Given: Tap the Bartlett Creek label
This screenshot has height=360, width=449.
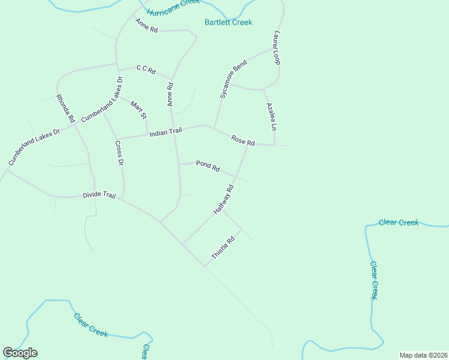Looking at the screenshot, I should point(228,22).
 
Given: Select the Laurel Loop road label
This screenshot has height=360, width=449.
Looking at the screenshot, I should point(277,48).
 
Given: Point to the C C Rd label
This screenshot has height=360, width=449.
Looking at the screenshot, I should point(146,70).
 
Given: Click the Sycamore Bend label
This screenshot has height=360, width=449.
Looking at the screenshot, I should point(233,79).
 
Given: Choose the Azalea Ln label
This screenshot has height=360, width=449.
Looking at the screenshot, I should point(271,116).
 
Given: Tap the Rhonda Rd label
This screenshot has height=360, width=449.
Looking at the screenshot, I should point(65,109).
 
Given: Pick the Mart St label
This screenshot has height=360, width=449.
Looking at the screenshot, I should point(139,110).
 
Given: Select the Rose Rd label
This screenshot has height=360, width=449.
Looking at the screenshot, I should point(243,141).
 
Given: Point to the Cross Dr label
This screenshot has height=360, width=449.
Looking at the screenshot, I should point(119,153).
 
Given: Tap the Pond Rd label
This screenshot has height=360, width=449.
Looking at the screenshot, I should point(208,167).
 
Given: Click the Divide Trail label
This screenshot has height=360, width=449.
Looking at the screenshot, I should point(98,196).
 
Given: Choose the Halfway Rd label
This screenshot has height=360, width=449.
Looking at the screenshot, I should point(223,200).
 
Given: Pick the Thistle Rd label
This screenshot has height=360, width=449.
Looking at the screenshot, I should point(221,248).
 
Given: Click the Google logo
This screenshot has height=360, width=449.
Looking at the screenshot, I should point(20,353).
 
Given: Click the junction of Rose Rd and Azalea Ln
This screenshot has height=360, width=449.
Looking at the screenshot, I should point(275,145).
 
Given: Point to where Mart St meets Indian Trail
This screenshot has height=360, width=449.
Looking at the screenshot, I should point(148,134).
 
